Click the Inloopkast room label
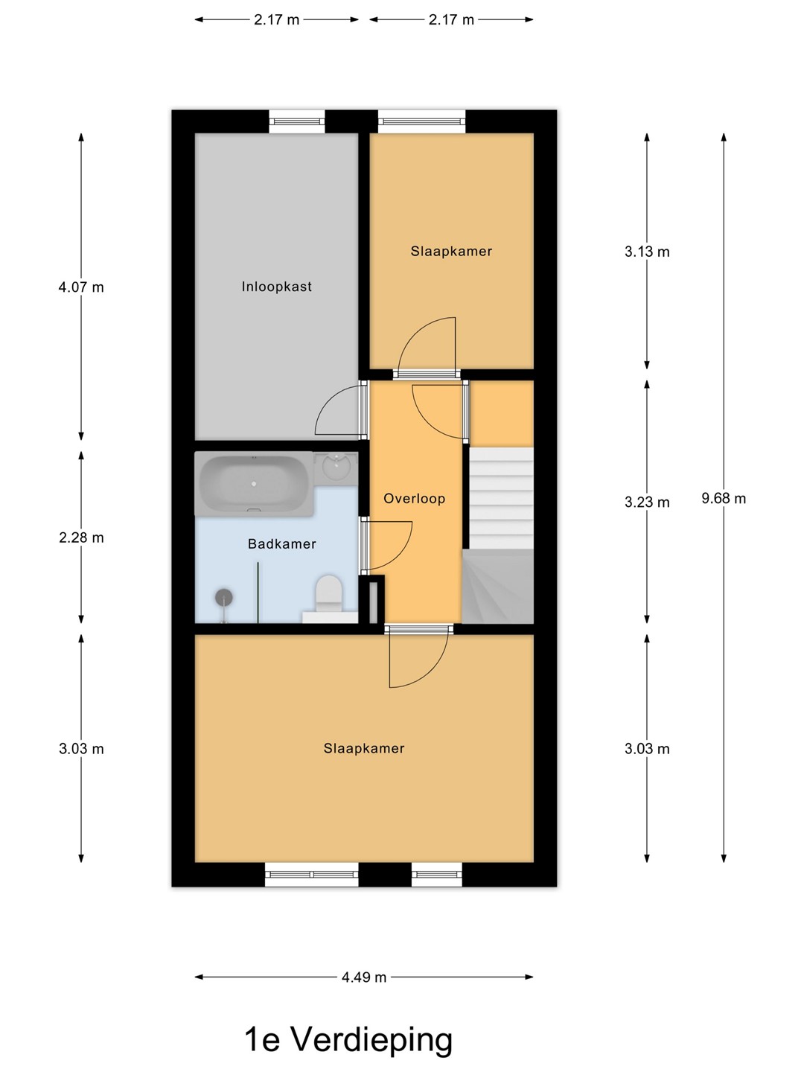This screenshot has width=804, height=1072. point(276,287)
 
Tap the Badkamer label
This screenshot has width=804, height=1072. point(281,544)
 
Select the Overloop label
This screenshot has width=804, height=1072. point(414,499)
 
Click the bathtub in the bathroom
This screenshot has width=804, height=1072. point(254,483)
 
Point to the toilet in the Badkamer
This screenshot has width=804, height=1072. point(328,595)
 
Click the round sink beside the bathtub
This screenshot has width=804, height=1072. point(336,466)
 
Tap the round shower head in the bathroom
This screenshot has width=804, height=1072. point(223,597)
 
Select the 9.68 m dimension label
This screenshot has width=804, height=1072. point(724,499)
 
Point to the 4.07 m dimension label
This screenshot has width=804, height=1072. point(81,287)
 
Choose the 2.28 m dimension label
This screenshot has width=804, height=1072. point(81,537)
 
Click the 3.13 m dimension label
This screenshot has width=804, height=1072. point(647,252)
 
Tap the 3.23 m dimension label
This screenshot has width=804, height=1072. point(647,502)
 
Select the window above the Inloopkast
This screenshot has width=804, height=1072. point(297,121)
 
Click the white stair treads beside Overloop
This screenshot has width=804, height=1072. point(501,498)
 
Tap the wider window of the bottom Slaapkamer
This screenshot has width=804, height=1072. point(312,874)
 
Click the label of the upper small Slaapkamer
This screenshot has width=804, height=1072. point(451,252)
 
